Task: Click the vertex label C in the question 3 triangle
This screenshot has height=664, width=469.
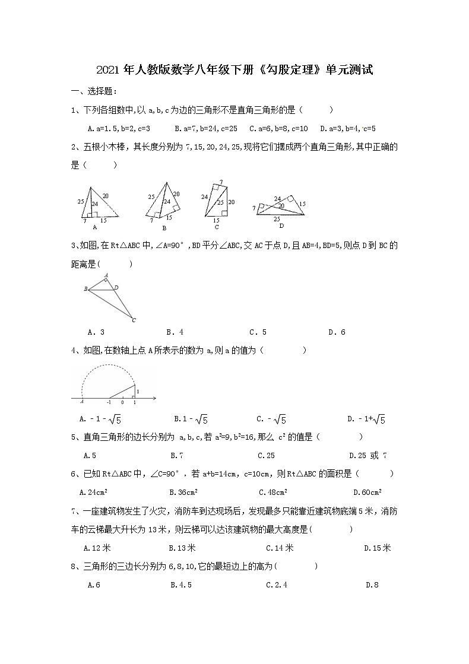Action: point(134,320)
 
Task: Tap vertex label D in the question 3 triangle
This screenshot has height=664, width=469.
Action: point(116,288)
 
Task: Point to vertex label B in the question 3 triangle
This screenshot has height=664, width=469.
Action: point(86,289)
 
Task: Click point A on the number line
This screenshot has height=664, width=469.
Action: point(81,402)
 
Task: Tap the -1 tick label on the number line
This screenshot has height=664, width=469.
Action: point(109,402)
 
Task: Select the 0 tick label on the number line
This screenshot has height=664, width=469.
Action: point(122,402)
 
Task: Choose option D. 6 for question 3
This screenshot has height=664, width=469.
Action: point(337,332)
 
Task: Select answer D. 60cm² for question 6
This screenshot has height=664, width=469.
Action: point(367,492)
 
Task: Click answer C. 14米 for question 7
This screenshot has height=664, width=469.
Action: point(280,548)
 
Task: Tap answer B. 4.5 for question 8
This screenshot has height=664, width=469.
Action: point(180,585)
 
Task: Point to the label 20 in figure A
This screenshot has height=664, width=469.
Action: point(105,195)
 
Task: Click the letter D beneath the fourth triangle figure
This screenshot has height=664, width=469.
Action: point(281,225)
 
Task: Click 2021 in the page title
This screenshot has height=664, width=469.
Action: point(108,71)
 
